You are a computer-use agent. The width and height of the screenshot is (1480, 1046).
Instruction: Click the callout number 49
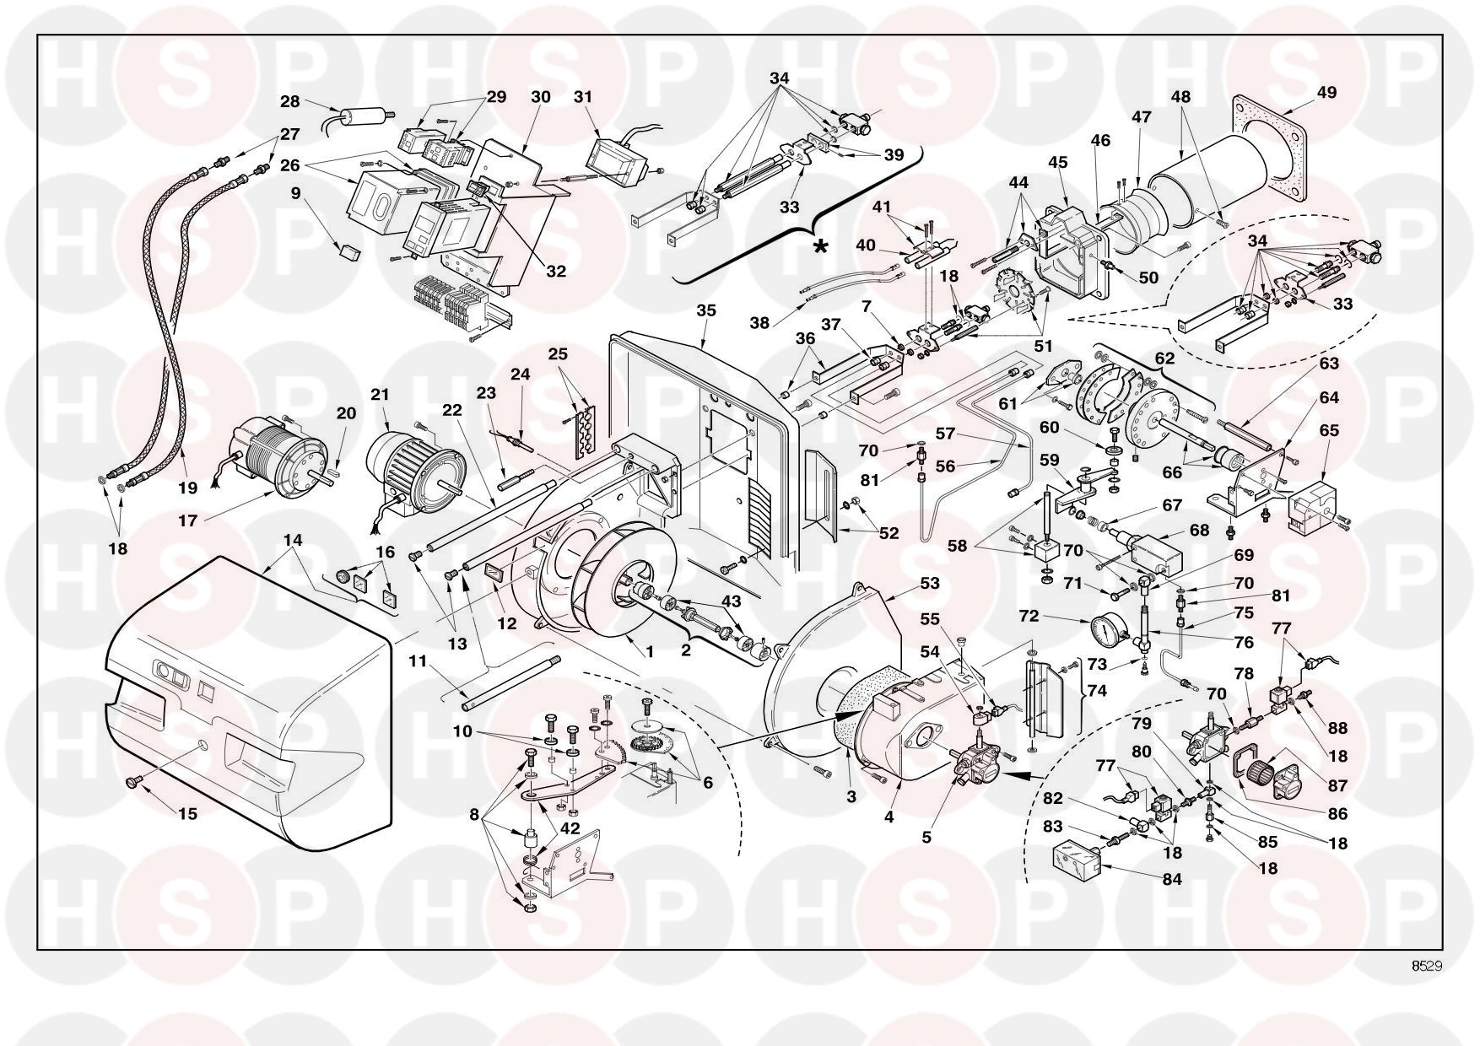[x=1326, y=92]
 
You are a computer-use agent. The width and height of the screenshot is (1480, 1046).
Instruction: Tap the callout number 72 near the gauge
[x=1029, y=617]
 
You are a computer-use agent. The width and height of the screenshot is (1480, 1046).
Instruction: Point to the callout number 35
[x=706, y=310]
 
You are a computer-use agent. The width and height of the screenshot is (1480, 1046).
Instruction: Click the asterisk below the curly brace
[x=819, y=247]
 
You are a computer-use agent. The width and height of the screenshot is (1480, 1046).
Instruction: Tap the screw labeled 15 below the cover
[x=132, y=783]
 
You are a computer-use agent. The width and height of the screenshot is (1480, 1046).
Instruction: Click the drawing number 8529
[x=1425, y=966]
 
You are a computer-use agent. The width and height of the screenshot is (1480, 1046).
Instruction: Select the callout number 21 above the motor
[x=380, y=394]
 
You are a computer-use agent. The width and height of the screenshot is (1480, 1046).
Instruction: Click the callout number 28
[x=289, y=101]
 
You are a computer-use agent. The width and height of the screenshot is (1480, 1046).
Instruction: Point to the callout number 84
[x=1172, y=879]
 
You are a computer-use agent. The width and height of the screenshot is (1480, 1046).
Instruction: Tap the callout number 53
[x=930, y=583]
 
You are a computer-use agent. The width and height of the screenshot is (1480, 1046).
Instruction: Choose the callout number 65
[x=1329, y=430]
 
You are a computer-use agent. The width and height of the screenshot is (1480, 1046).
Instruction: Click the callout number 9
[x=295, y=192]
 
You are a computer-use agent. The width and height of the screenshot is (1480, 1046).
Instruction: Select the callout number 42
[x=570, y=828]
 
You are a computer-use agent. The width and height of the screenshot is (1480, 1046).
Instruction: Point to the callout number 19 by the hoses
[x=187, y=488]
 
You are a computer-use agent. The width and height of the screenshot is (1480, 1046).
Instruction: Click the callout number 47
[x=1141, y=117]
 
